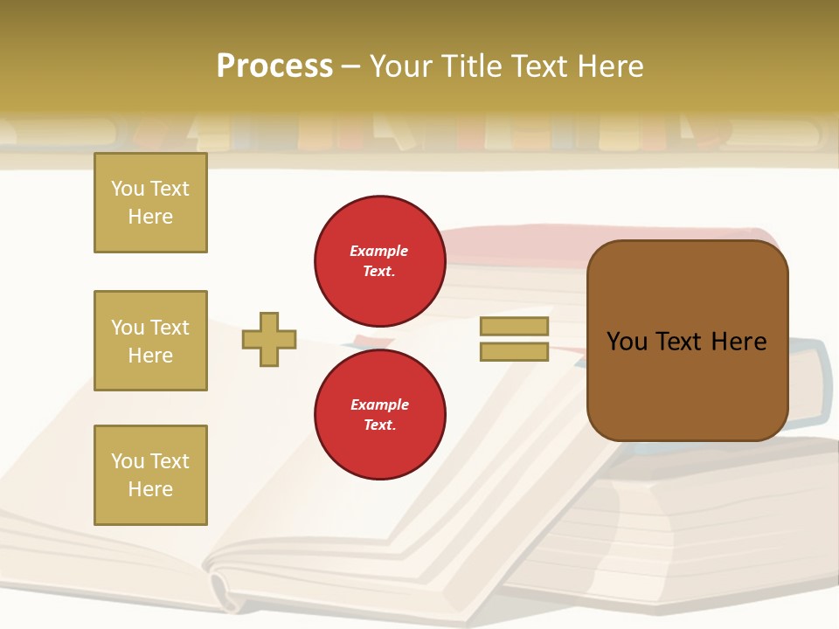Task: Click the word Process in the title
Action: pos(274,66)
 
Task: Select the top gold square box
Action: pos(150,203)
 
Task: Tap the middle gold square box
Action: pos(150,341)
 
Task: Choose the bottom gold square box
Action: pos(150,475)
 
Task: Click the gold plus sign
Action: pos(268,339)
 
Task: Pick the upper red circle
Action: pos(379,260)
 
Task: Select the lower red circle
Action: pos(379,414)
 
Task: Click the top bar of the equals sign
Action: pos(514,326)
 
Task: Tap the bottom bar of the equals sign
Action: pos(514,352)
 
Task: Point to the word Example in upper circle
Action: pos(379,251)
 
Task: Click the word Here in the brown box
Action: pos(738,342)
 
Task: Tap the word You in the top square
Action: pos(126,189)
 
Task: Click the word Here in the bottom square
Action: pos(150,490)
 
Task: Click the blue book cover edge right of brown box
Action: pos(811,384)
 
